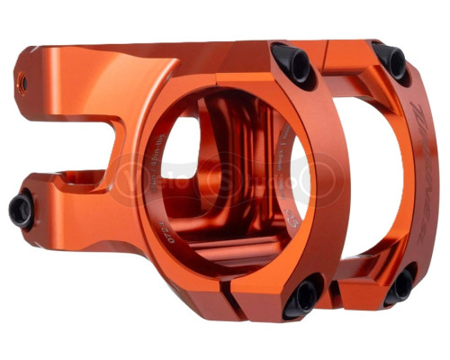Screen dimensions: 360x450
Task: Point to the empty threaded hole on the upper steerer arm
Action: coord(22,84)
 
